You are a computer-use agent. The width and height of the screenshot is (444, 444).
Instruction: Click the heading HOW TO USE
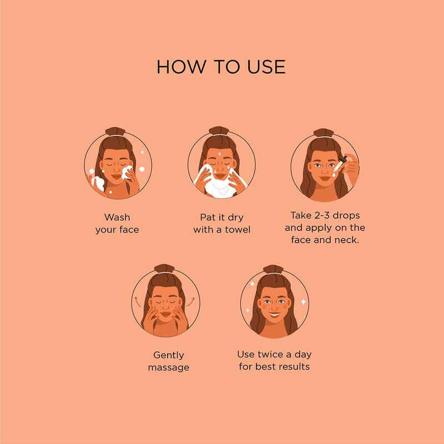coord(221,66)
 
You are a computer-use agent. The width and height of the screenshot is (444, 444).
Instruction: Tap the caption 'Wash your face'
coord(117,223)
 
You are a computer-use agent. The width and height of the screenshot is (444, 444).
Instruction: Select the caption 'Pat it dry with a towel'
coord(221,223)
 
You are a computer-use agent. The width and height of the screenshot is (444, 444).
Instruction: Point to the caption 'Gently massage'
coord(169,361)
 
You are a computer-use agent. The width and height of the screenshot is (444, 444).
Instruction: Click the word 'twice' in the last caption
coord(274,354)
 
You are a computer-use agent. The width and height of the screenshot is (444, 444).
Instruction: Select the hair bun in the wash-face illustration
coord(118,132)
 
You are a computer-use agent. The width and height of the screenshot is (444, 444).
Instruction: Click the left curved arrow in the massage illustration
coord(135,300)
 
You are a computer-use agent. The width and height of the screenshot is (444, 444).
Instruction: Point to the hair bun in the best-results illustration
coord(275,269)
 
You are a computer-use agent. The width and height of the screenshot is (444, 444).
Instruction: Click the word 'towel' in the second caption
coord(237,229)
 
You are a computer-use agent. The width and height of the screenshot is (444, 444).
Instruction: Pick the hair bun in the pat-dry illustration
coord(221,132)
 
